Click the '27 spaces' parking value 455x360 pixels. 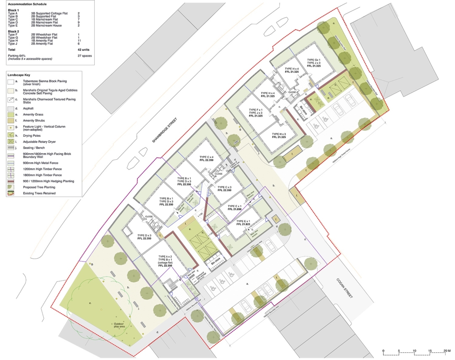pyautogui.click(x=85, y=56)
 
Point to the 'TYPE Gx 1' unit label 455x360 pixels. pyautogui.click(x=314, y=59)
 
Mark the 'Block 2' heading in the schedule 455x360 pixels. pyautogui.click(x=13, y=31)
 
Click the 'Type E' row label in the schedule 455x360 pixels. pyautogui.click(x=13, y=25)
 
